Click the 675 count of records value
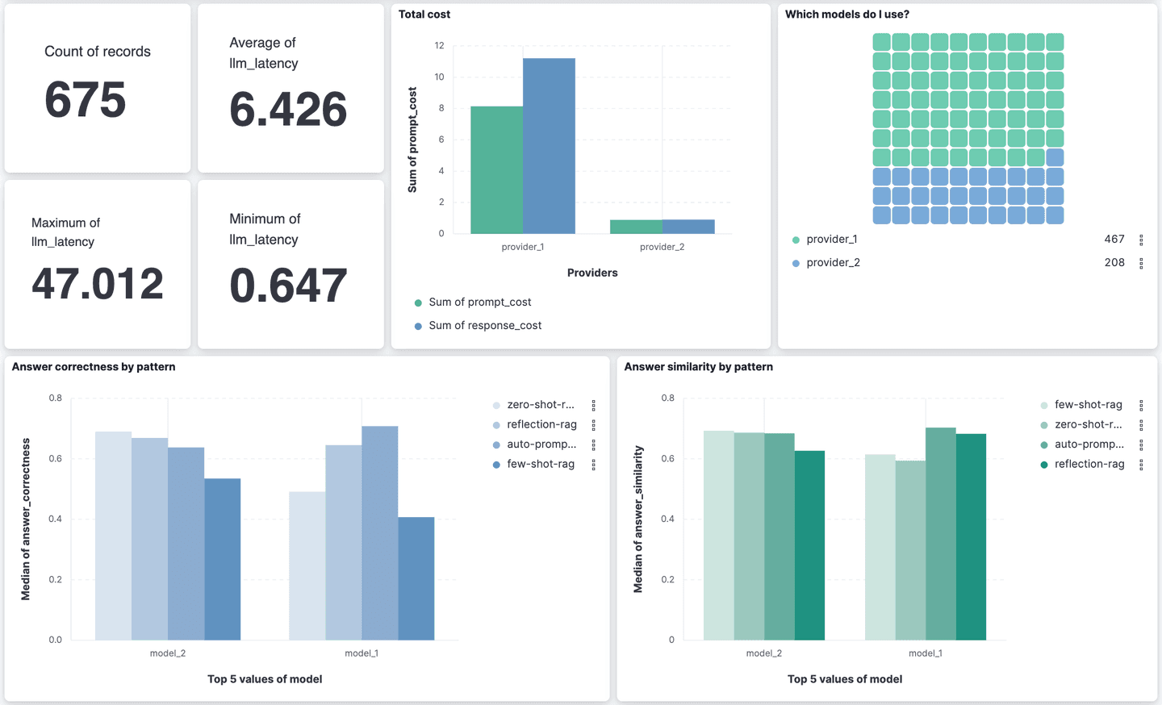coord(86,100)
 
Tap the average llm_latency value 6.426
coord(288,110)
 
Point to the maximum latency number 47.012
coord(98,284)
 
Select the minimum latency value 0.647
coord(288,286)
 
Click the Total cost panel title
coord(424,15)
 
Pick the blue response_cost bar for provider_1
coord(549,146)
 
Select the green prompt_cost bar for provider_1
coord(496,170)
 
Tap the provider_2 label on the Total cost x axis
coord(662,247)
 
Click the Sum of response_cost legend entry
coord(485,326)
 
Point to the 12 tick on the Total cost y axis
coord(440,46)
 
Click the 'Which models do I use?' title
coord(847,15)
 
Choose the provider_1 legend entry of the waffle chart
coord(831,240)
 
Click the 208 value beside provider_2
coord(1114,263)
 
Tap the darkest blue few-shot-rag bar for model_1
coord(416,578)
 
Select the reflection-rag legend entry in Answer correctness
coord(541,424)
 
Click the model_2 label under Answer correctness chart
coord(168,653)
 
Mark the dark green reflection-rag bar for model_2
coord(809,545)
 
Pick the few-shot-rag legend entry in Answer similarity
coord(1088,405)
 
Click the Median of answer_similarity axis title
coord(638,519)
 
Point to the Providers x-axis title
coord(592,273)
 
